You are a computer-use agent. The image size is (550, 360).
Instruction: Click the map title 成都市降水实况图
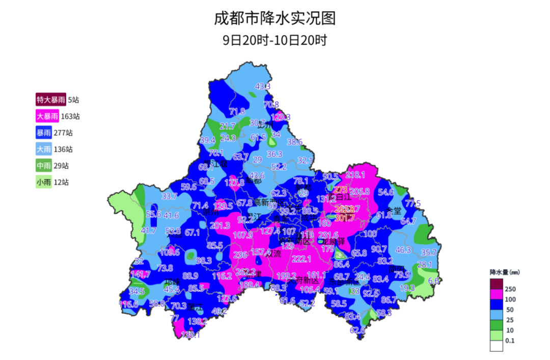pos(275,18)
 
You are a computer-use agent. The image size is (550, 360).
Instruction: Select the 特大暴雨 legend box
pos(50,99)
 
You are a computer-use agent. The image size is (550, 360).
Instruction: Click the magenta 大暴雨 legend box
pos(47,116)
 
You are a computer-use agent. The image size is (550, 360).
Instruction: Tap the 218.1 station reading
pos(355,175)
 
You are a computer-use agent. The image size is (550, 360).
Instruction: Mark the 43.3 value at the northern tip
pos(263,87)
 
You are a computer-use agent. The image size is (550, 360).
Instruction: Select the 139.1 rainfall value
pos(190,335)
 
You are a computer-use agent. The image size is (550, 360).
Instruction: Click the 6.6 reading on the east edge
pos(434,281)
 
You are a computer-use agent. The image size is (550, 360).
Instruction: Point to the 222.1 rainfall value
pos(301,259)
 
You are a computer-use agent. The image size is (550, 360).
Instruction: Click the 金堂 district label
pos(394,210)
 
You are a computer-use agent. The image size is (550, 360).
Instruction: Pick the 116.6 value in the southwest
pos(128,304)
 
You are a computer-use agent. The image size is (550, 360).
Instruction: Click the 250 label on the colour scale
pos(510,289)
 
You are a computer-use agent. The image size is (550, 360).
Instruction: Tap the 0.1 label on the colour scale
pos(509,341)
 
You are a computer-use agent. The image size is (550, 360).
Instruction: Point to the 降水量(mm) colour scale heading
pos(505,272)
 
